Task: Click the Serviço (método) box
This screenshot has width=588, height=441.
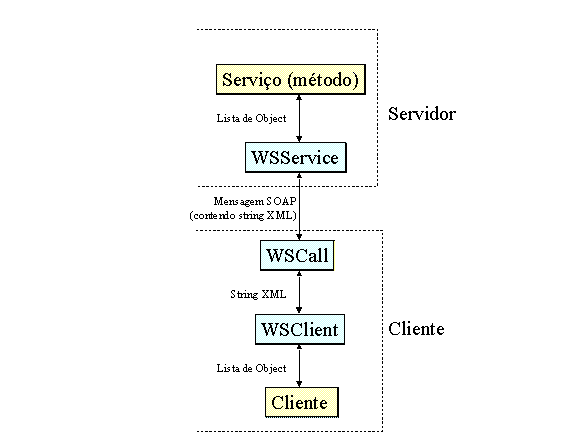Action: [x=291, y=80]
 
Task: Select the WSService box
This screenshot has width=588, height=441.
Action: [x=296, y=158]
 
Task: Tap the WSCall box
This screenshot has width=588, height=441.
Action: [x=297, y=255]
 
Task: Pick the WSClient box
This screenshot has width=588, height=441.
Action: [x=300, y=329]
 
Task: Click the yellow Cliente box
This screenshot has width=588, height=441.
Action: [x=302, y=402]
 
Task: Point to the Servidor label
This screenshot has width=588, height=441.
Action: [x=422, y=114]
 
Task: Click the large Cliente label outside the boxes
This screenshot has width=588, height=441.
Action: [x=416, y=329]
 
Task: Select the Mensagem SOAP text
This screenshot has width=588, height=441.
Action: [x=255, y=201]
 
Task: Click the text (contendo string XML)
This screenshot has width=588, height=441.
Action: [x=243, y=216]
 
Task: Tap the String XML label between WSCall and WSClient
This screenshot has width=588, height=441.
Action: [x=258, y=294]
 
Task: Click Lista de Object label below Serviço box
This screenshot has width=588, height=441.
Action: [x=251, y=118]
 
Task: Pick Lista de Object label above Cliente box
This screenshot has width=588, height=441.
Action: [x=251, y=368]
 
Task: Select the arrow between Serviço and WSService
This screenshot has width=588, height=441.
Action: [x=299, y=118]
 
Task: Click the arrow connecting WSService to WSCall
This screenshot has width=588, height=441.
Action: [x=299, y=206]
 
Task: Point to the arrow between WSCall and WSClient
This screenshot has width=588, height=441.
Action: [x=299, y=292]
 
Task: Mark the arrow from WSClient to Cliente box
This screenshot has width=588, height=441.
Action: [x=299, y=366]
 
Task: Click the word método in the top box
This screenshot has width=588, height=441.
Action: [x=323, y=80]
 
